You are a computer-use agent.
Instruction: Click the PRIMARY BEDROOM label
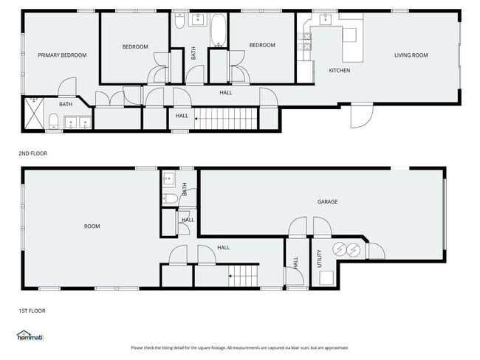coord(62,55)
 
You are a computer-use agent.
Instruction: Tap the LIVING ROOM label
coord(411,55)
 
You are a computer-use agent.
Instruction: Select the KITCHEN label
coord(339,70)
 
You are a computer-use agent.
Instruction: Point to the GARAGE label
coord(327,201)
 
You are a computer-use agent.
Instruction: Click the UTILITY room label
coord(319,258)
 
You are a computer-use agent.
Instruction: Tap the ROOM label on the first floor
coord(92,226)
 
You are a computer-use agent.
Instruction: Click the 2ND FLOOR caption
coord(33,153)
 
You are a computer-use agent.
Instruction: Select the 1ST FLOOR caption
coord(32,311)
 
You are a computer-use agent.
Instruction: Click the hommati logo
coord(30,336)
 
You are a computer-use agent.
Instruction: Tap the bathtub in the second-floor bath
coord(219,30)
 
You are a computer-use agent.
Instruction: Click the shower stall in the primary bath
coord(34,113)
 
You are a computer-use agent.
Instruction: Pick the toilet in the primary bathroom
coord(54,121)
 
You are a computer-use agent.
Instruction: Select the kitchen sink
coord(326,19)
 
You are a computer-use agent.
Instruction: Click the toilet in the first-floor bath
coord(170,198)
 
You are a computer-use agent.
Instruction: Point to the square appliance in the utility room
coord(326,277)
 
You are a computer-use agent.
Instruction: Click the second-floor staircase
coord(226,118)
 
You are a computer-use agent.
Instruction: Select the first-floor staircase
coord(244,276)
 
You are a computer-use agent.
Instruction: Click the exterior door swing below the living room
coord(362,116)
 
